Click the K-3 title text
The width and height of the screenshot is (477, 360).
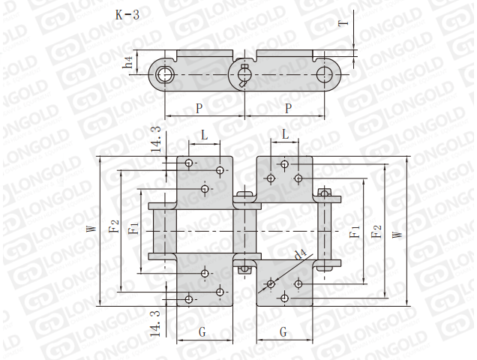[127, 14]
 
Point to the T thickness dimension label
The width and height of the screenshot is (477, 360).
[343, 22]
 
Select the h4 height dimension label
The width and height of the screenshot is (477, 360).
[128, 62]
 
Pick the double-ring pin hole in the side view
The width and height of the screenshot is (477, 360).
[165, 74]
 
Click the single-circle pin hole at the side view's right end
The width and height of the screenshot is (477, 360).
[325, 74]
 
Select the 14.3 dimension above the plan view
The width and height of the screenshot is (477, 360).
[156, 139]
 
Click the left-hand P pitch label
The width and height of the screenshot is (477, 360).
[199, 108]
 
